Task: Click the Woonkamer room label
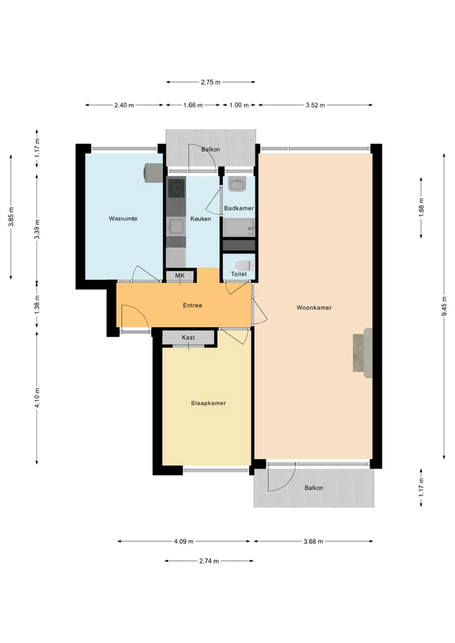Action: click(x=314, y=308)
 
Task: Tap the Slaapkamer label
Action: click(x=209, y=402)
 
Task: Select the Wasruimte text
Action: click(x=123, y=219)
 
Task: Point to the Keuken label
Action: click(x=200, y=219)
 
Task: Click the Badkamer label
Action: click(x=239, y=208)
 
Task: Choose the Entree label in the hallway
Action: click(x=193, y=305)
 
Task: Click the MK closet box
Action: click(x=180, y=275)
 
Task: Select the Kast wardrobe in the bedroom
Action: click(x=188, y=338)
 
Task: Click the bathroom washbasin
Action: click(x=238, y=185)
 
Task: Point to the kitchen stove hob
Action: click(x=176, y=188)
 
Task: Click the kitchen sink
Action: click(x=176, y=225)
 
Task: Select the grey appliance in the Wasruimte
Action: click(x=152, y=172)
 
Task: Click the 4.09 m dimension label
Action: click(x=183, y=541)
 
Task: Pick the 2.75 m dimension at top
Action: click(x=210, y=82)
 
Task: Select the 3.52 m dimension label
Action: click(x=314, y=105)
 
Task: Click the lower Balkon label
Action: click(x=313, y=488)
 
